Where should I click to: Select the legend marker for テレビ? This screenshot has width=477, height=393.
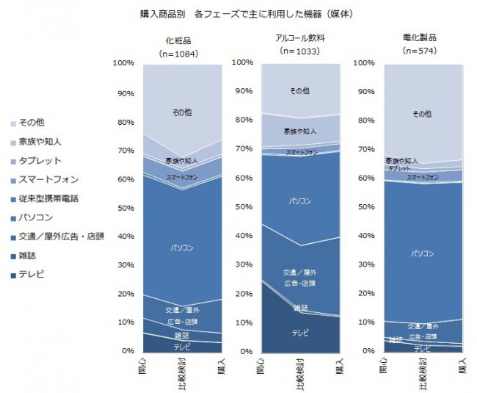(x=14, y=275)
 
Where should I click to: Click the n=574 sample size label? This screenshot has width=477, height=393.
(x=419, y=51)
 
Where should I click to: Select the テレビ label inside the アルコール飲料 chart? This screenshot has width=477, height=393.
(x=300, y=333)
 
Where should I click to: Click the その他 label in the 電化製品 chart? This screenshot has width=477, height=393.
(x=421, y=114)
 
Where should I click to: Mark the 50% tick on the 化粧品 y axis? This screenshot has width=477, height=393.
(x=124, y=208)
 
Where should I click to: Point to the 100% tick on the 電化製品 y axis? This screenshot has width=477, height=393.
(x=364, y=63)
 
